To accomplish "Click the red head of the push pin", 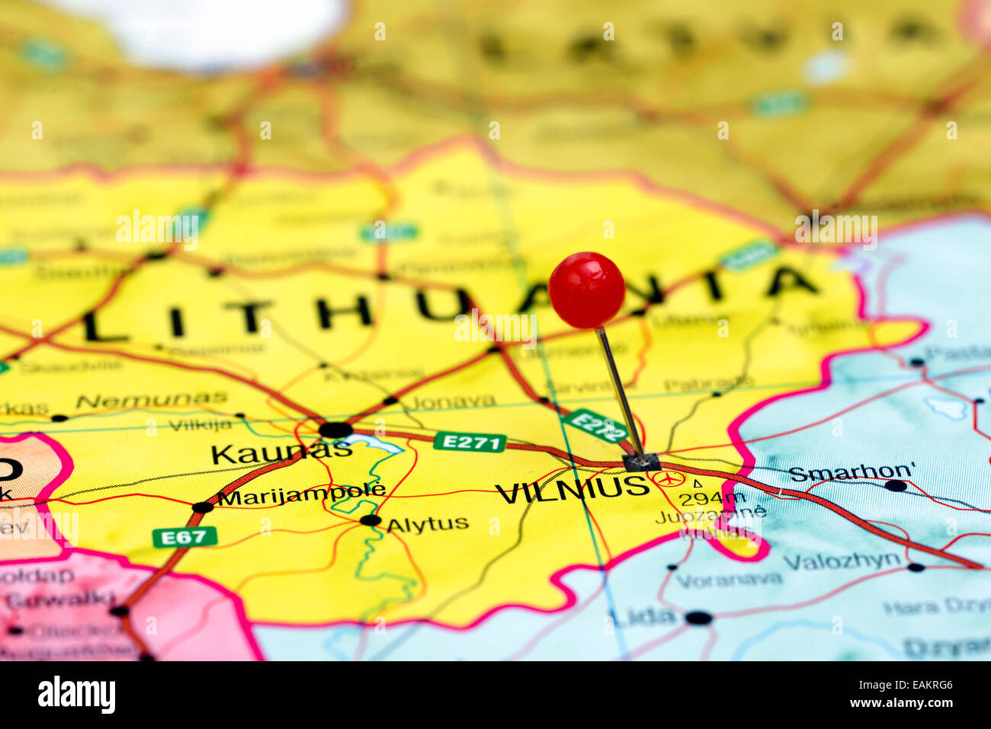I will point(586,290).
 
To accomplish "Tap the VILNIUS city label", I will point(572,488).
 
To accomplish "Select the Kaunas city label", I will point(281,453).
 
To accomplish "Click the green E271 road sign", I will point(470,442).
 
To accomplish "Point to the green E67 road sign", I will point(184,537).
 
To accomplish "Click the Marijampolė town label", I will point(301,495).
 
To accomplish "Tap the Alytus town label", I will point(427,524).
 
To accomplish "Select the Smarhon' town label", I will point(851,472).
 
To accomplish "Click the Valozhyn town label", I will point(842,561).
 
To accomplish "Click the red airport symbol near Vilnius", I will point(669,479).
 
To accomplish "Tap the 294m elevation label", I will point(712,499).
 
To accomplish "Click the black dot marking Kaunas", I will point(335,430).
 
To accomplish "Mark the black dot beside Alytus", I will point(370,520).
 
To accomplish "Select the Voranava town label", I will point(728,580).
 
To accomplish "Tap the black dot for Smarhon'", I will point(896,485).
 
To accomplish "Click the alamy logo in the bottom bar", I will point(76,695).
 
